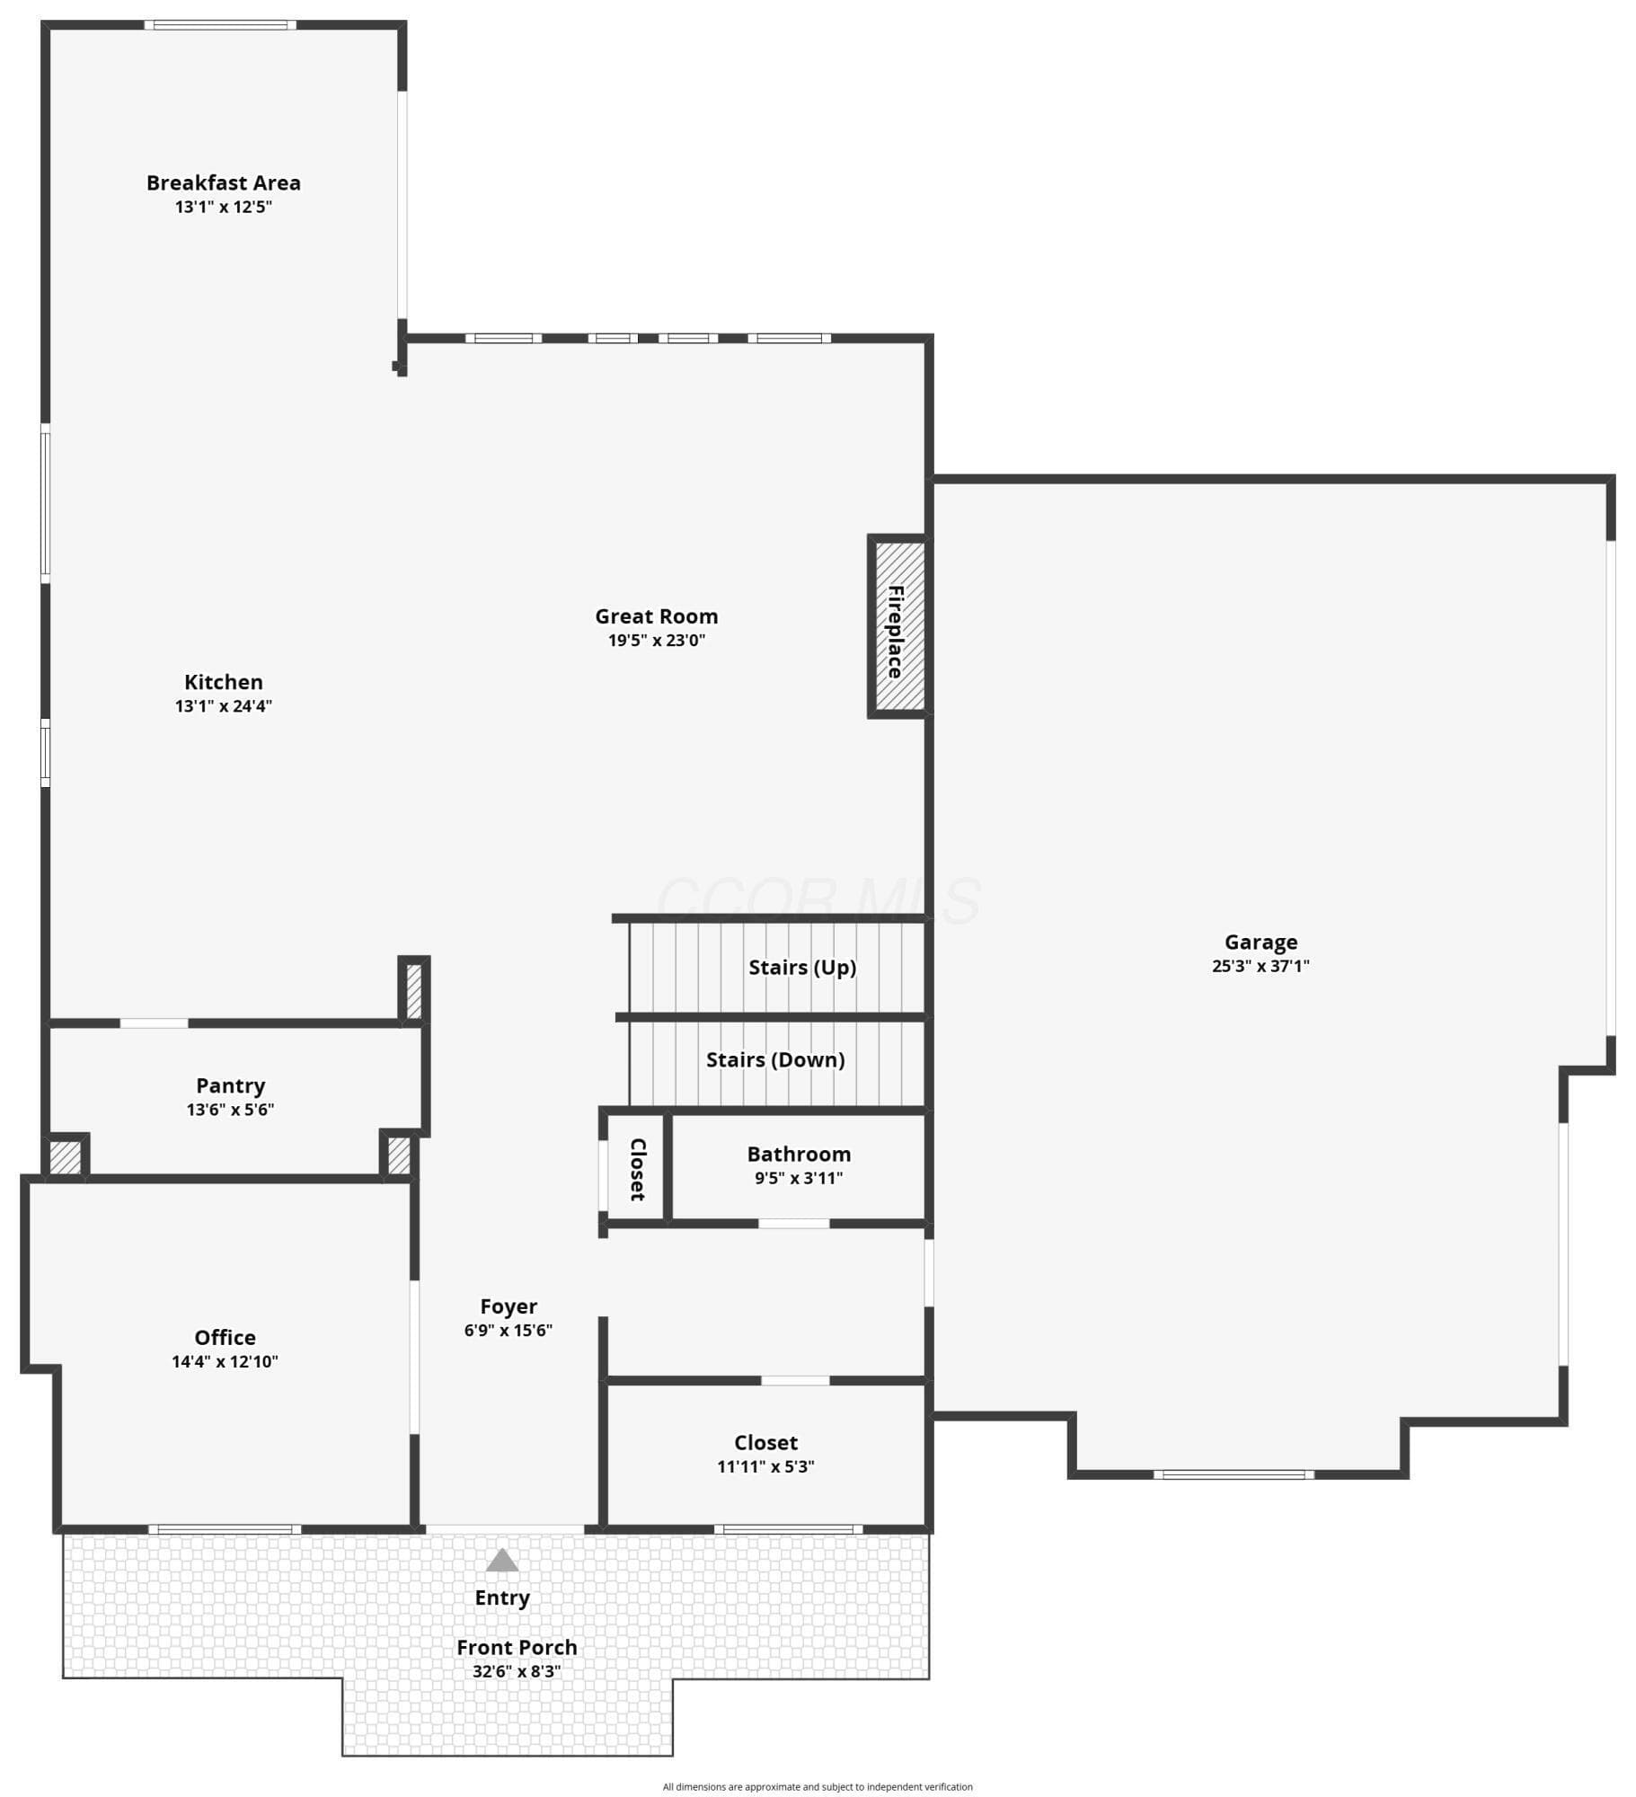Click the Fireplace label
[895, 632]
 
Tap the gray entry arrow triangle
[502, 1560]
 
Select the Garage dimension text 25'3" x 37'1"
[1260, 967]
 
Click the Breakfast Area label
[224, 183]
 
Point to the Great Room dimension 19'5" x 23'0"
[657, 641]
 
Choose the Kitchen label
[224, 682]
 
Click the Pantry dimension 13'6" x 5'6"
[230, 1110]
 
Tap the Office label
[226, 1338]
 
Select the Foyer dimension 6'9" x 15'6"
[508, 1331]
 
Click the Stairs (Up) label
[802, 968]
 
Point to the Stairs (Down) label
[775, 1060]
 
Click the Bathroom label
[799, 1155]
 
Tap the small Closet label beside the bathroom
[637, 1169]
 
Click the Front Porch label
[517, 1648]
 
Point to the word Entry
[502, 1598]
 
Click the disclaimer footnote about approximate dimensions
[818, 1787]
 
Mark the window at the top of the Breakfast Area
[220, 25]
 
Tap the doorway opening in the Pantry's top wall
[155, 1023]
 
